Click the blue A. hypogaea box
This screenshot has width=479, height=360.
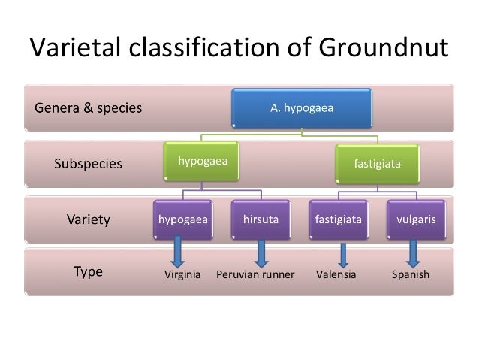coord(302,108)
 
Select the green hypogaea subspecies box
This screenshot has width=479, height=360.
coord(203,161)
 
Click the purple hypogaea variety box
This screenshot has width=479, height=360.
coord(183,219)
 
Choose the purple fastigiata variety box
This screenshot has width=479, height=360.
coord(337,219)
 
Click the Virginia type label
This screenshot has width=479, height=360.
coord(182,274)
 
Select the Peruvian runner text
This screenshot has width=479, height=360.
coord(255,274)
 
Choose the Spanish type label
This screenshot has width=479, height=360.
coord(411,274)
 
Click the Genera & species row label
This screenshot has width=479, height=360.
coord(88,107)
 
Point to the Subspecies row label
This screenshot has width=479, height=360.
coord(88,164)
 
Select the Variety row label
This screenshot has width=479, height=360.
coord(88,220)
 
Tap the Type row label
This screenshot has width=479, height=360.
coord(88,272)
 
